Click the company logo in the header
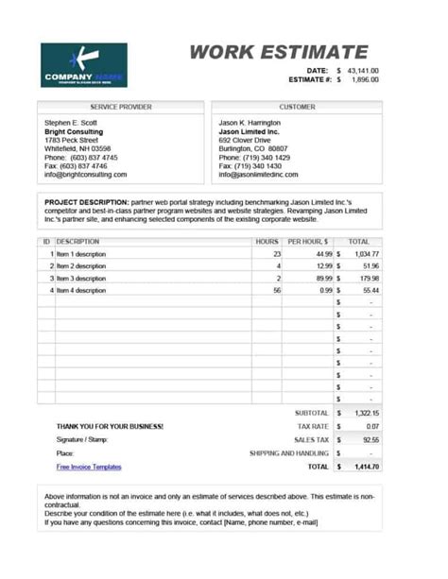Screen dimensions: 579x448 [83, 65]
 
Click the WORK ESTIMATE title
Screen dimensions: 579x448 [278, 53]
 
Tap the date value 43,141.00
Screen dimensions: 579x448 [363, 71]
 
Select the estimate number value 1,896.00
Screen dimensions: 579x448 [365, 80]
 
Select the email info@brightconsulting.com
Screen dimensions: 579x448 [85, 175]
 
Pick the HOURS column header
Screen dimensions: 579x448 [267, 242]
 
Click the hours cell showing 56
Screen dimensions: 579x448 [277, 291]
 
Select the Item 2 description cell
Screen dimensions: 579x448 [79, 266]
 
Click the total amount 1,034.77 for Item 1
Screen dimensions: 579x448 [367, 254]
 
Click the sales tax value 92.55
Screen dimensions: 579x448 [370, 440]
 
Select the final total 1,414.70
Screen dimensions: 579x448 [366, 467]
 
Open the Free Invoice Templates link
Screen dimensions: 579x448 [89, 467]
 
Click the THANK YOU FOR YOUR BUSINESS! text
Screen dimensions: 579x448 [110, 427]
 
